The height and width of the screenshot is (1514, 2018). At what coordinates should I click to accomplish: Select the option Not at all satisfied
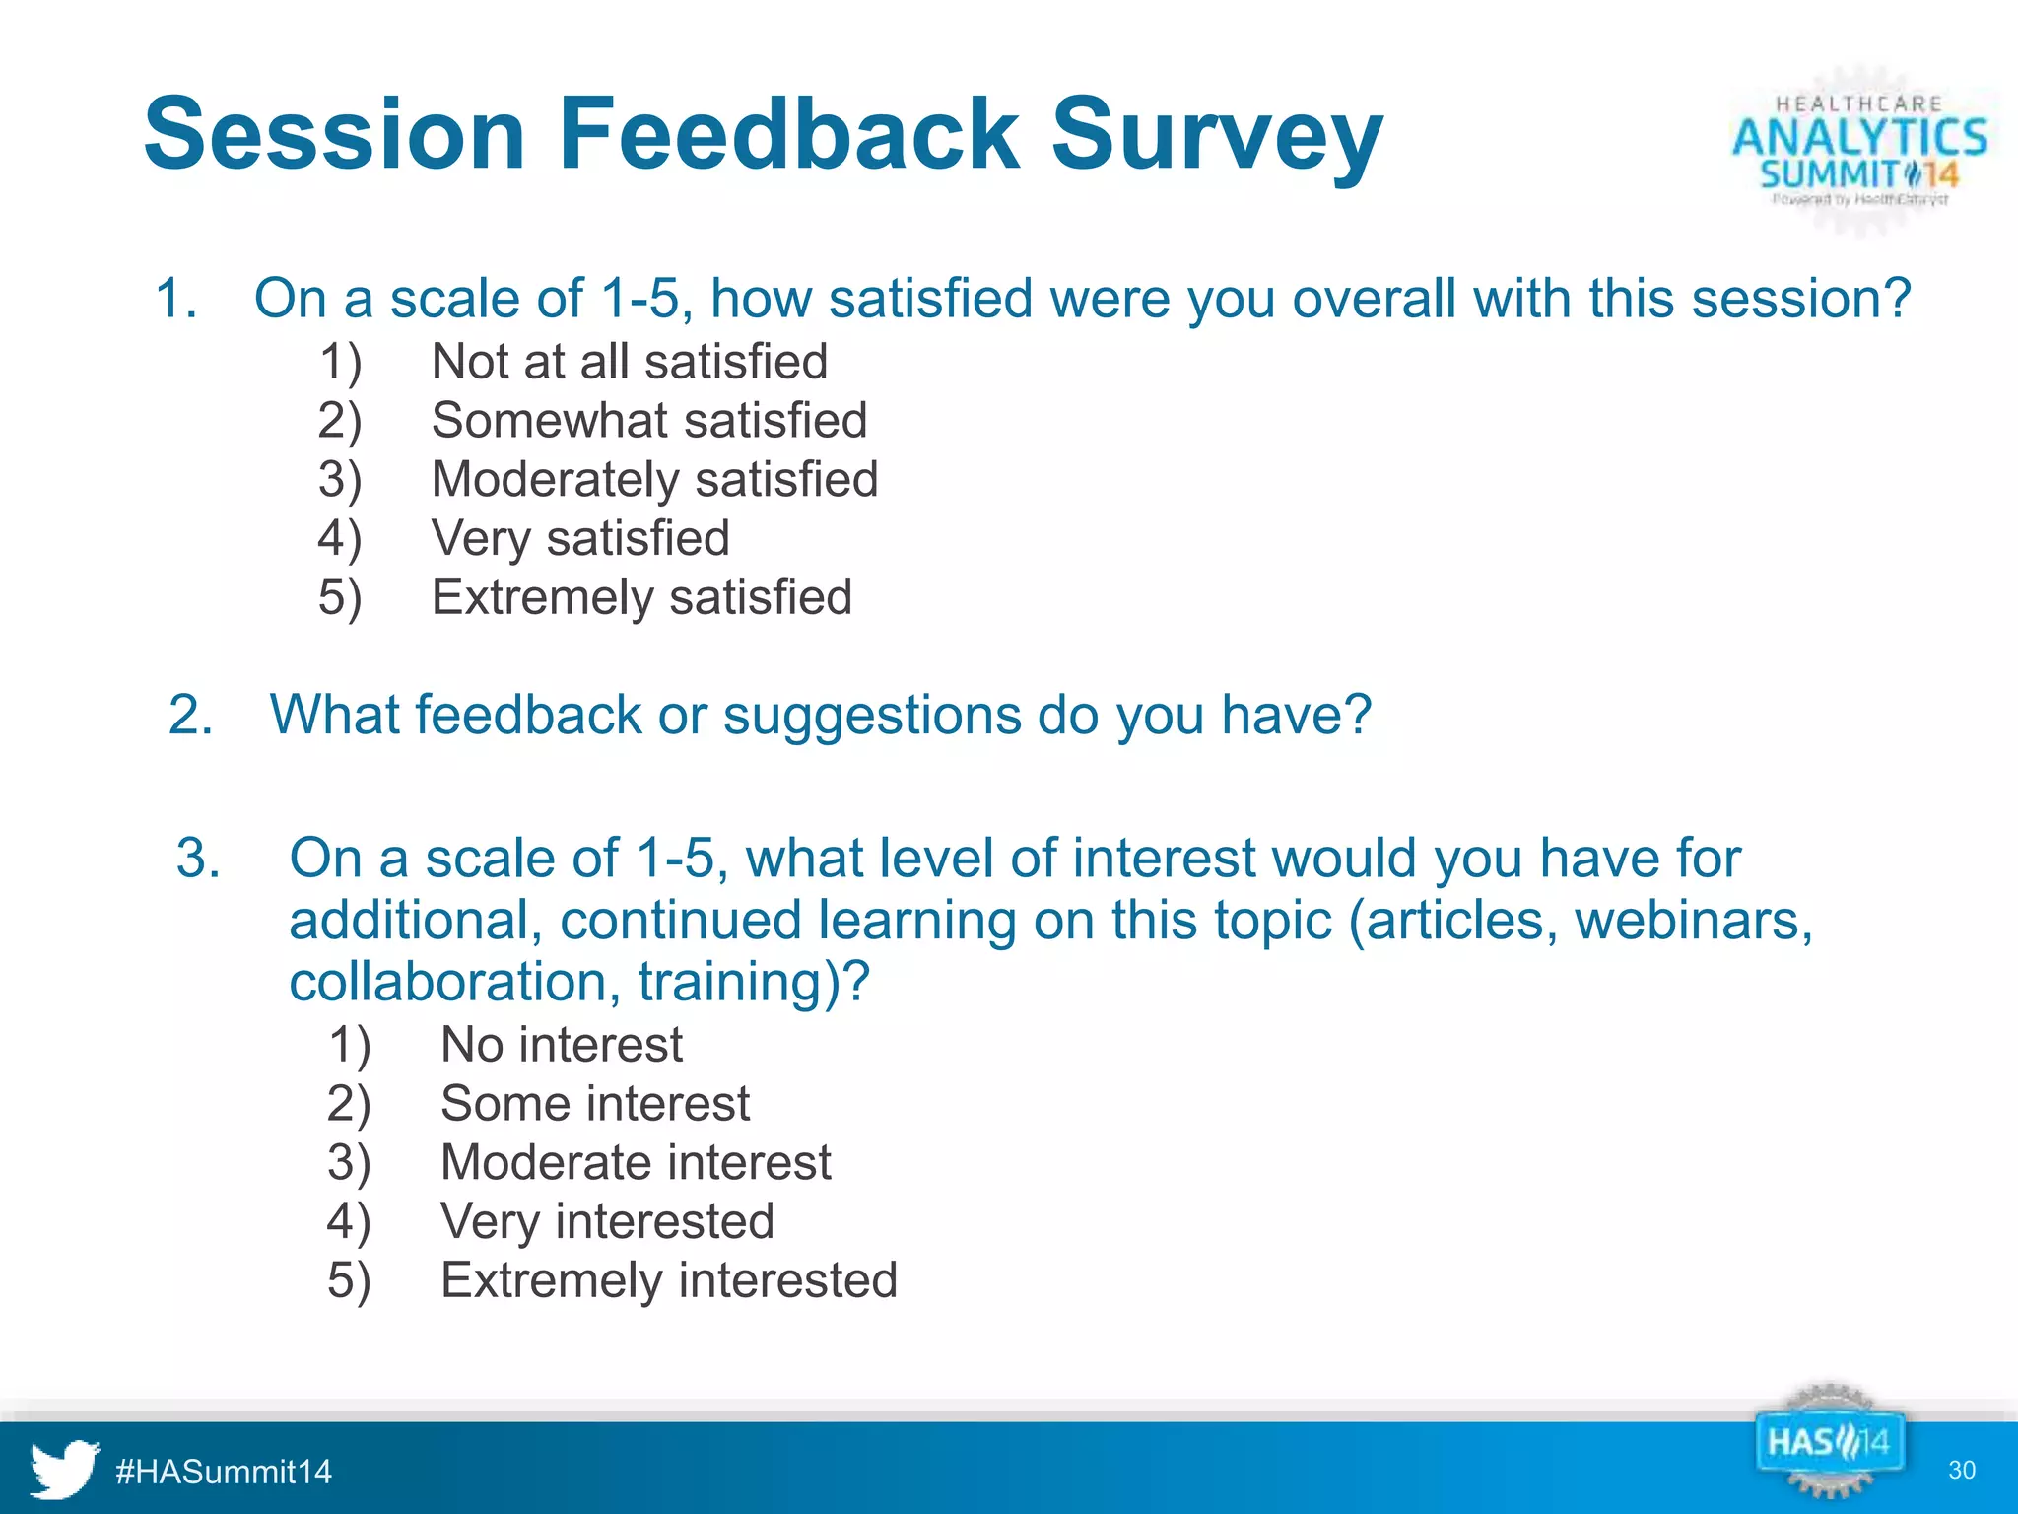coord(629,362)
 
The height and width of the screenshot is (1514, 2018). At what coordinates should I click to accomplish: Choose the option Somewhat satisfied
coord(648,421)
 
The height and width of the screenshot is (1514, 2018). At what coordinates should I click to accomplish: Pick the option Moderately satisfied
coord(654,480)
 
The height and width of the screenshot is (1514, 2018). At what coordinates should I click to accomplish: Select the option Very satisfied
coord(579,539)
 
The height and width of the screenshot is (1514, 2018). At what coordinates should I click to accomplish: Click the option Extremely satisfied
coord(641,597)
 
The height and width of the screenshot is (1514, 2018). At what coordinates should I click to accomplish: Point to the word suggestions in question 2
coord(872,715)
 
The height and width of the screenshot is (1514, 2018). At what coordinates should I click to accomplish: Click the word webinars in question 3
coord(1693,921)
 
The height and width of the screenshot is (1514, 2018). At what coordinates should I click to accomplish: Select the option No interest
coord(561,1045)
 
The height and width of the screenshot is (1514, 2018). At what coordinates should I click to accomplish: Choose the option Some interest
coord(594,1104)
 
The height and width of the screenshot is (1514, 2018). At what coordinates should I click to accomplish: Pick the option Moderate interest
coord(636,1163)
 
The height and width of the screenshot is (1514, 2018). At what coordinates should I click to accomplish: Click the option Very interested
coord(607,1222)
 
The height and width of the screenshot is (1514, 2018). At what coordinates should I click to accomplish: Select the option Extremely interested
coord(668,1281)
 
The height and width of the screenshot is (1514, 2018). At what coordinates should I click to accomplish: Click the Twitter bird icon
coord(63,1469)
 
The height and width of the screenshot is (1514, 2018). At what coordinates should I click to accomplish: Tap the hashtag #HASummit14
coord(224,1472)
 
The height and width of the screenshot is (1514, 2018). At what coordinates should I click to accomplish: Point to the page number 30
coord(1961,1471)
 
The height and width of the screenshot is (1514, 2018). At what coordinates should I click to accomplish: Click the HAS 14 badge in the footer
coord(1828,1444)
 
